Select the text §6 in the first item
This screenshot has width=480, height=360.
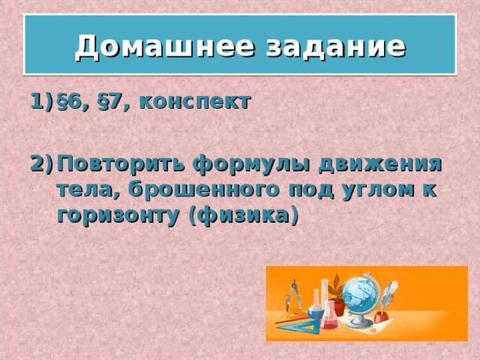(73, 103)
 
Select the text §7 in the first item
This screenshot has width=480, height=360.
(112, 103)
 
